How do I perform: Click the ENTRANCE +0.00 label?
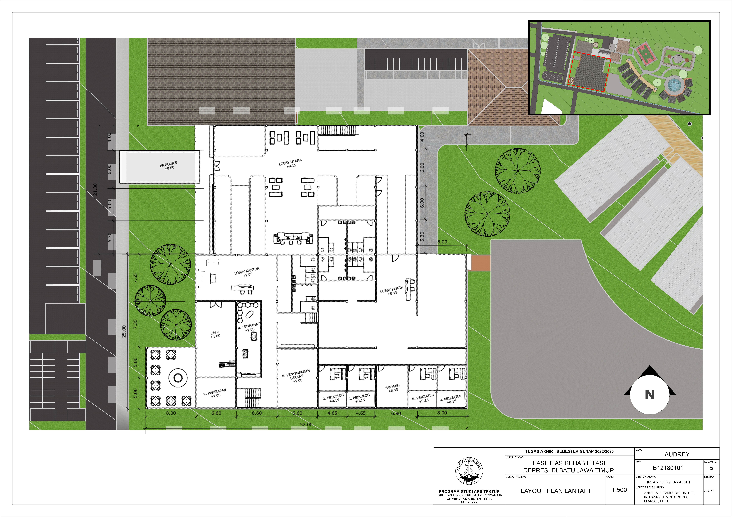[x=169, y=166]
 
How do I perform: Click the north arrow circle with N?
[x=650, y=395]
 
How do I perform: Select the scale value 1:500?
[x=619, y=490]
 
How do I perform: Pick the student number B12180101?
[x=668, y=468]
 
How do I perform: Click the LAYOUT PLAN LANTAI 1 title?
[x=555, y=491]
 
